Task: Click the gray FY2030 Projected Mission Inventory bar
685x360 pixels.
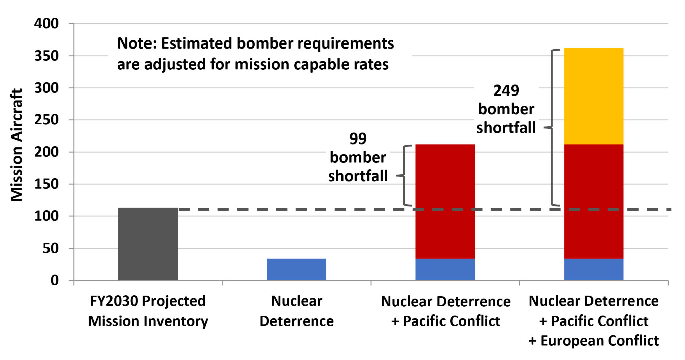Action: pyautogui.click(x=148, y=244)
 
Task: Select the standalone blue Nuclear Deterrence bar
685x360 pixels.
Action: pyautogui.click(x=296, y=269)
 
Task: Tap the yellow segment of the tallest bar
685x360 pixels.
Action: pyautogui.click(x=594, y=96)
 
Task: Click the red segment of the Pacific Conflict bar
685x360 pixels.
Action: pyautogui.click(x=445, y=201)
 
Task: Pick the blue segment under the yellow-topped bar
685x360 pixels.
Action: pyautogui.click(x=594, y=269)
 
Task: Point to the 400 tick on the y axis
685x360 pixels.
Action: pyautogui.click(x=46, y=24)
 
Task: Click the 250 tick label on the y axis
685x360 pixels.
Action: pyautogui.click(x=46, y=120)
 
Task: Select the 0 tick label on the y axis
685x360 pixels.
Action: pyautogui.click(x=55, y=280)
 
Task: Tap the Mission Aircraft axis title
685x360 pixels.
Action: pyautogui.click(x=17, y=145)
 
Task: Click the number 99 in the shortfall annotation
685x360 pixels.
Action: pyautogui.click(x=358, y=139)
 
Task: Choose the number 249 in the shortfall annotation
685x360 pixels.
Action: pyautogui.click(x=506, y=91)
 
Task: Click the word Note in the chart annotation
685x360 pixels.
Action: pyautogui.click(x=136, y=43)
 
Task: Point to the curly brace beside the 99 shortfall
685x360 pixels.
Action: pyautogui.click(x=404, y=175)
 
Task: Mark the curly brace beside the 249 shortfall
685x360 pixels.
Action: pyautogui.click(x=552, y=127)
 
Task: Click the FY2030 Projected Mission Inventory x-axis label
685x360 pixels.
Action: pyautogui.click(x=148, y=311)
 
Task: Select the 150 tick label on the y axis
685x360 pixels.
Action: pyautogui.click(x=46, y=184)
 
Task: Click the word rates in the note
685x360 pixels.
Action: pyautogui.click(x=373, y=64)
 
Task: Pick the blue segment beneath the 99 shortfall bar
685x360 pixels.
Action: pyautogui.click(x=445, y=269)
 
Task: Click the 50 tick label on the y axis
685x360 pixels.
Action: pyautogui.click(x=51, y=248)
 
